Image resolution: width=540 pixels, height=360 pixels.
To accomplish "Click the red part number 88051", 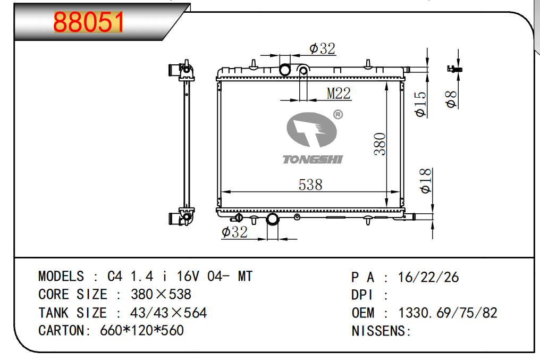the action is [x=89, y=22].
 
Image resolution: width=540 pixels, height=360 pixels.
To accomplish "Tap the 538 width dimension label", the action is [x=310, y=185].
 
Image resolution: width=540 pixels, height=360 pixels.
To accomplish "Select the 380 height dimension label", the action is [x=380, y=144].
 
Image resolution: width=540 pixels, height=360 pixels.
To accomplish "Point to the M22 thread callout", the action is [x=339, y=94].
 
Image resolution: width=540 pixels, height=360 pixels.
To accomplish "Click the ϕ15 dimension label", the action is [x=420, y=104].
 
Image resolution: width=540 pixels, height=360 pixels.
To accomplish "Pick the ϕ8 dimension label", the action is [x=451, y=99].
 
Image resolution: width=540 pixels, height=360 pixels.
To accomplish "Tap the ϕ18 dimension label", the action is [x=426, y=180].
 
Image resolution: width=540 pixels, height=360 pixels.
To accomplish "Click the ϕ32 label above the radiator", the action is [x=322, y=48].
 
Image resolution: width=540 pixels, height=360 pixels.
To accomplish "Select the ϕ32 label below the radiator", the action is [x=234, y=232].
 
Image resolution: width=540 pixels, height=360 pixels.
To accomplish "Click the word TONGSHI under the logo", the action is [x=313, y=159].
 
